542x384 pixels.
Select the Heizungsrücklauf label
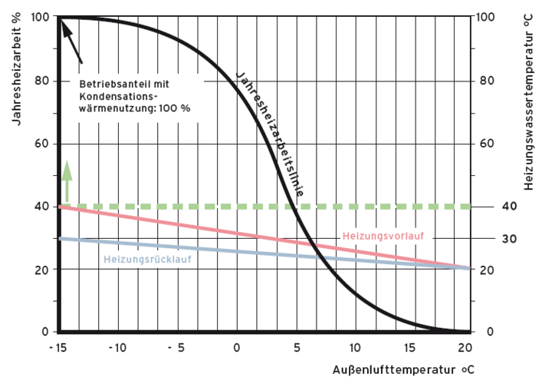coord(147,260)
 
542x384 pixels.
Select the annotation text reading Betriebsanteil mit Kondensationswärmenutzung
coord(134,95)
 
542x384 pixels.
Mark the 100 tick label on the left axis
coord(39,17)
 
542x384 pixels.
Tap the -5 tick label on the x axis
coord(176,347)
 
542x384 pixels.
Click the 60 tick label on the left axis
coord(42,144)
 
